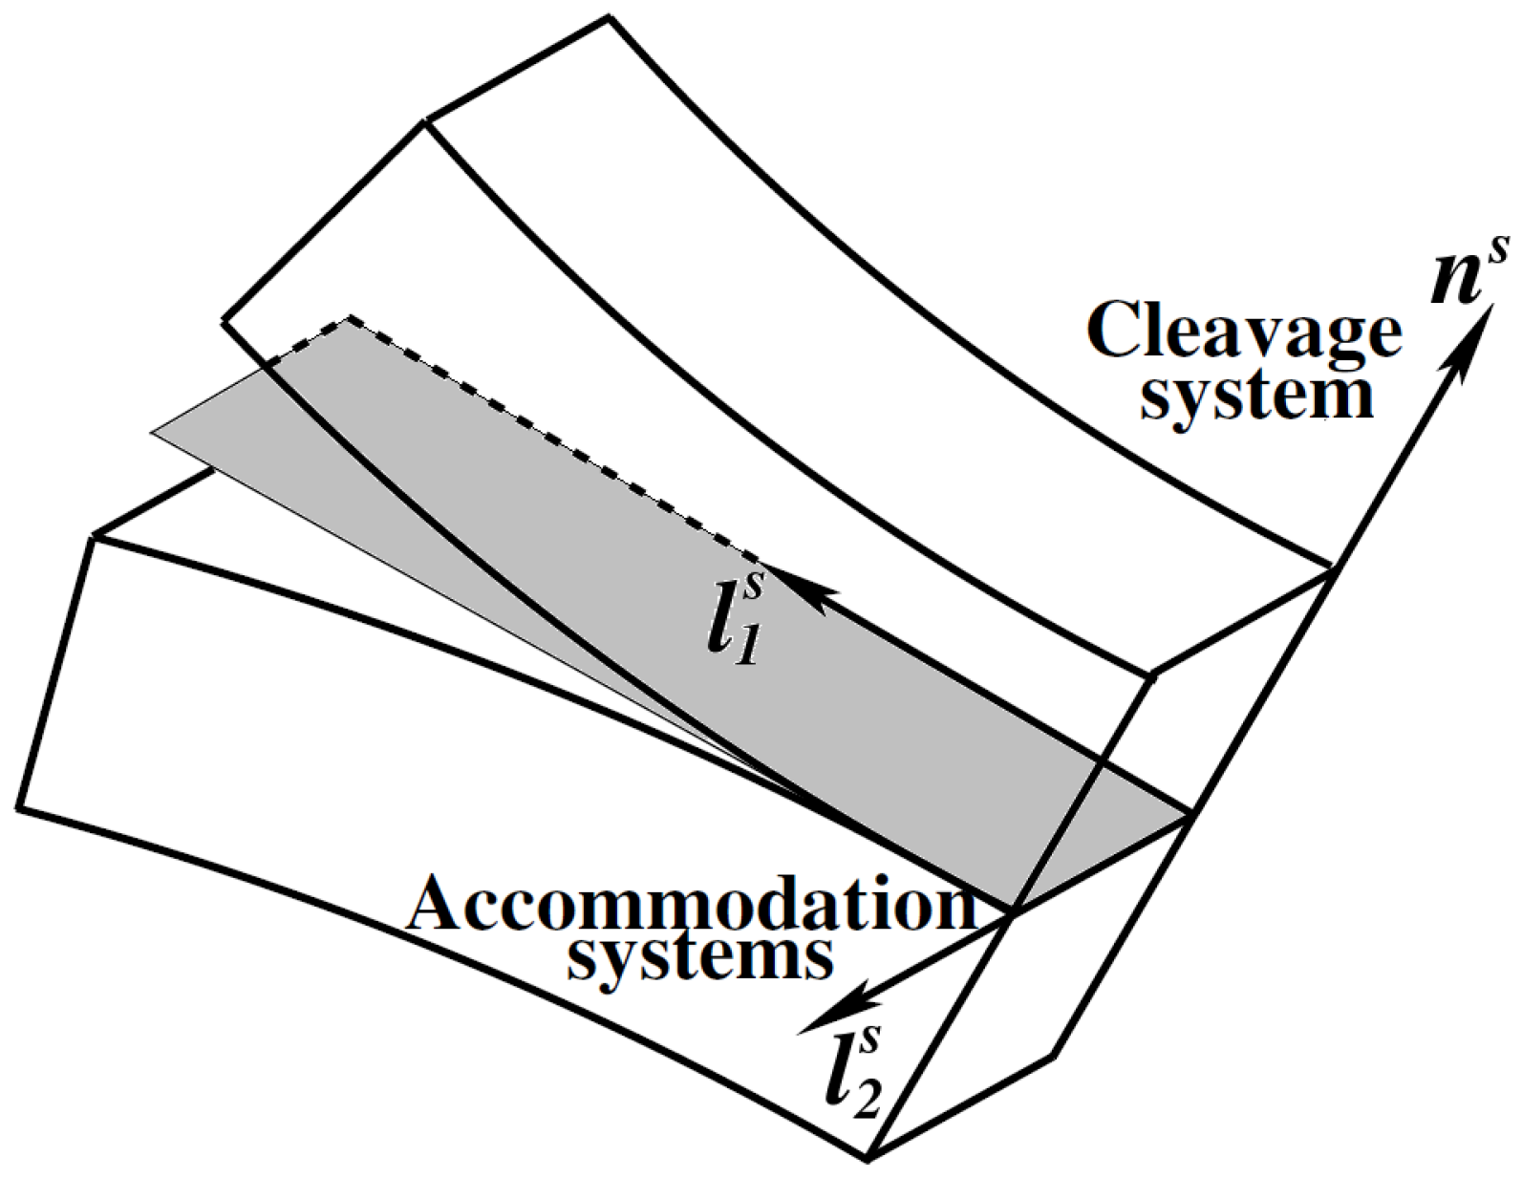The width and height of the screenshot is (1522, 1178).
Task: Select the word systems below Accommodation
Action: pos(697,957)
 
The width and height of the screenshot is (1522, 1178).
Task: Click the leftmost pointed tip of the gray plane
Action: pos(154,434)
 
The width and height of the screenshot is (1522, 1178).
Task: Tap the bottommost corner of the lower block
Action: pos(868,1160)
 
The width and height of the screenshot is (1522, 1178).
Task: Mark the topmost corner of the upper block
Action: pos(608,17)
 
